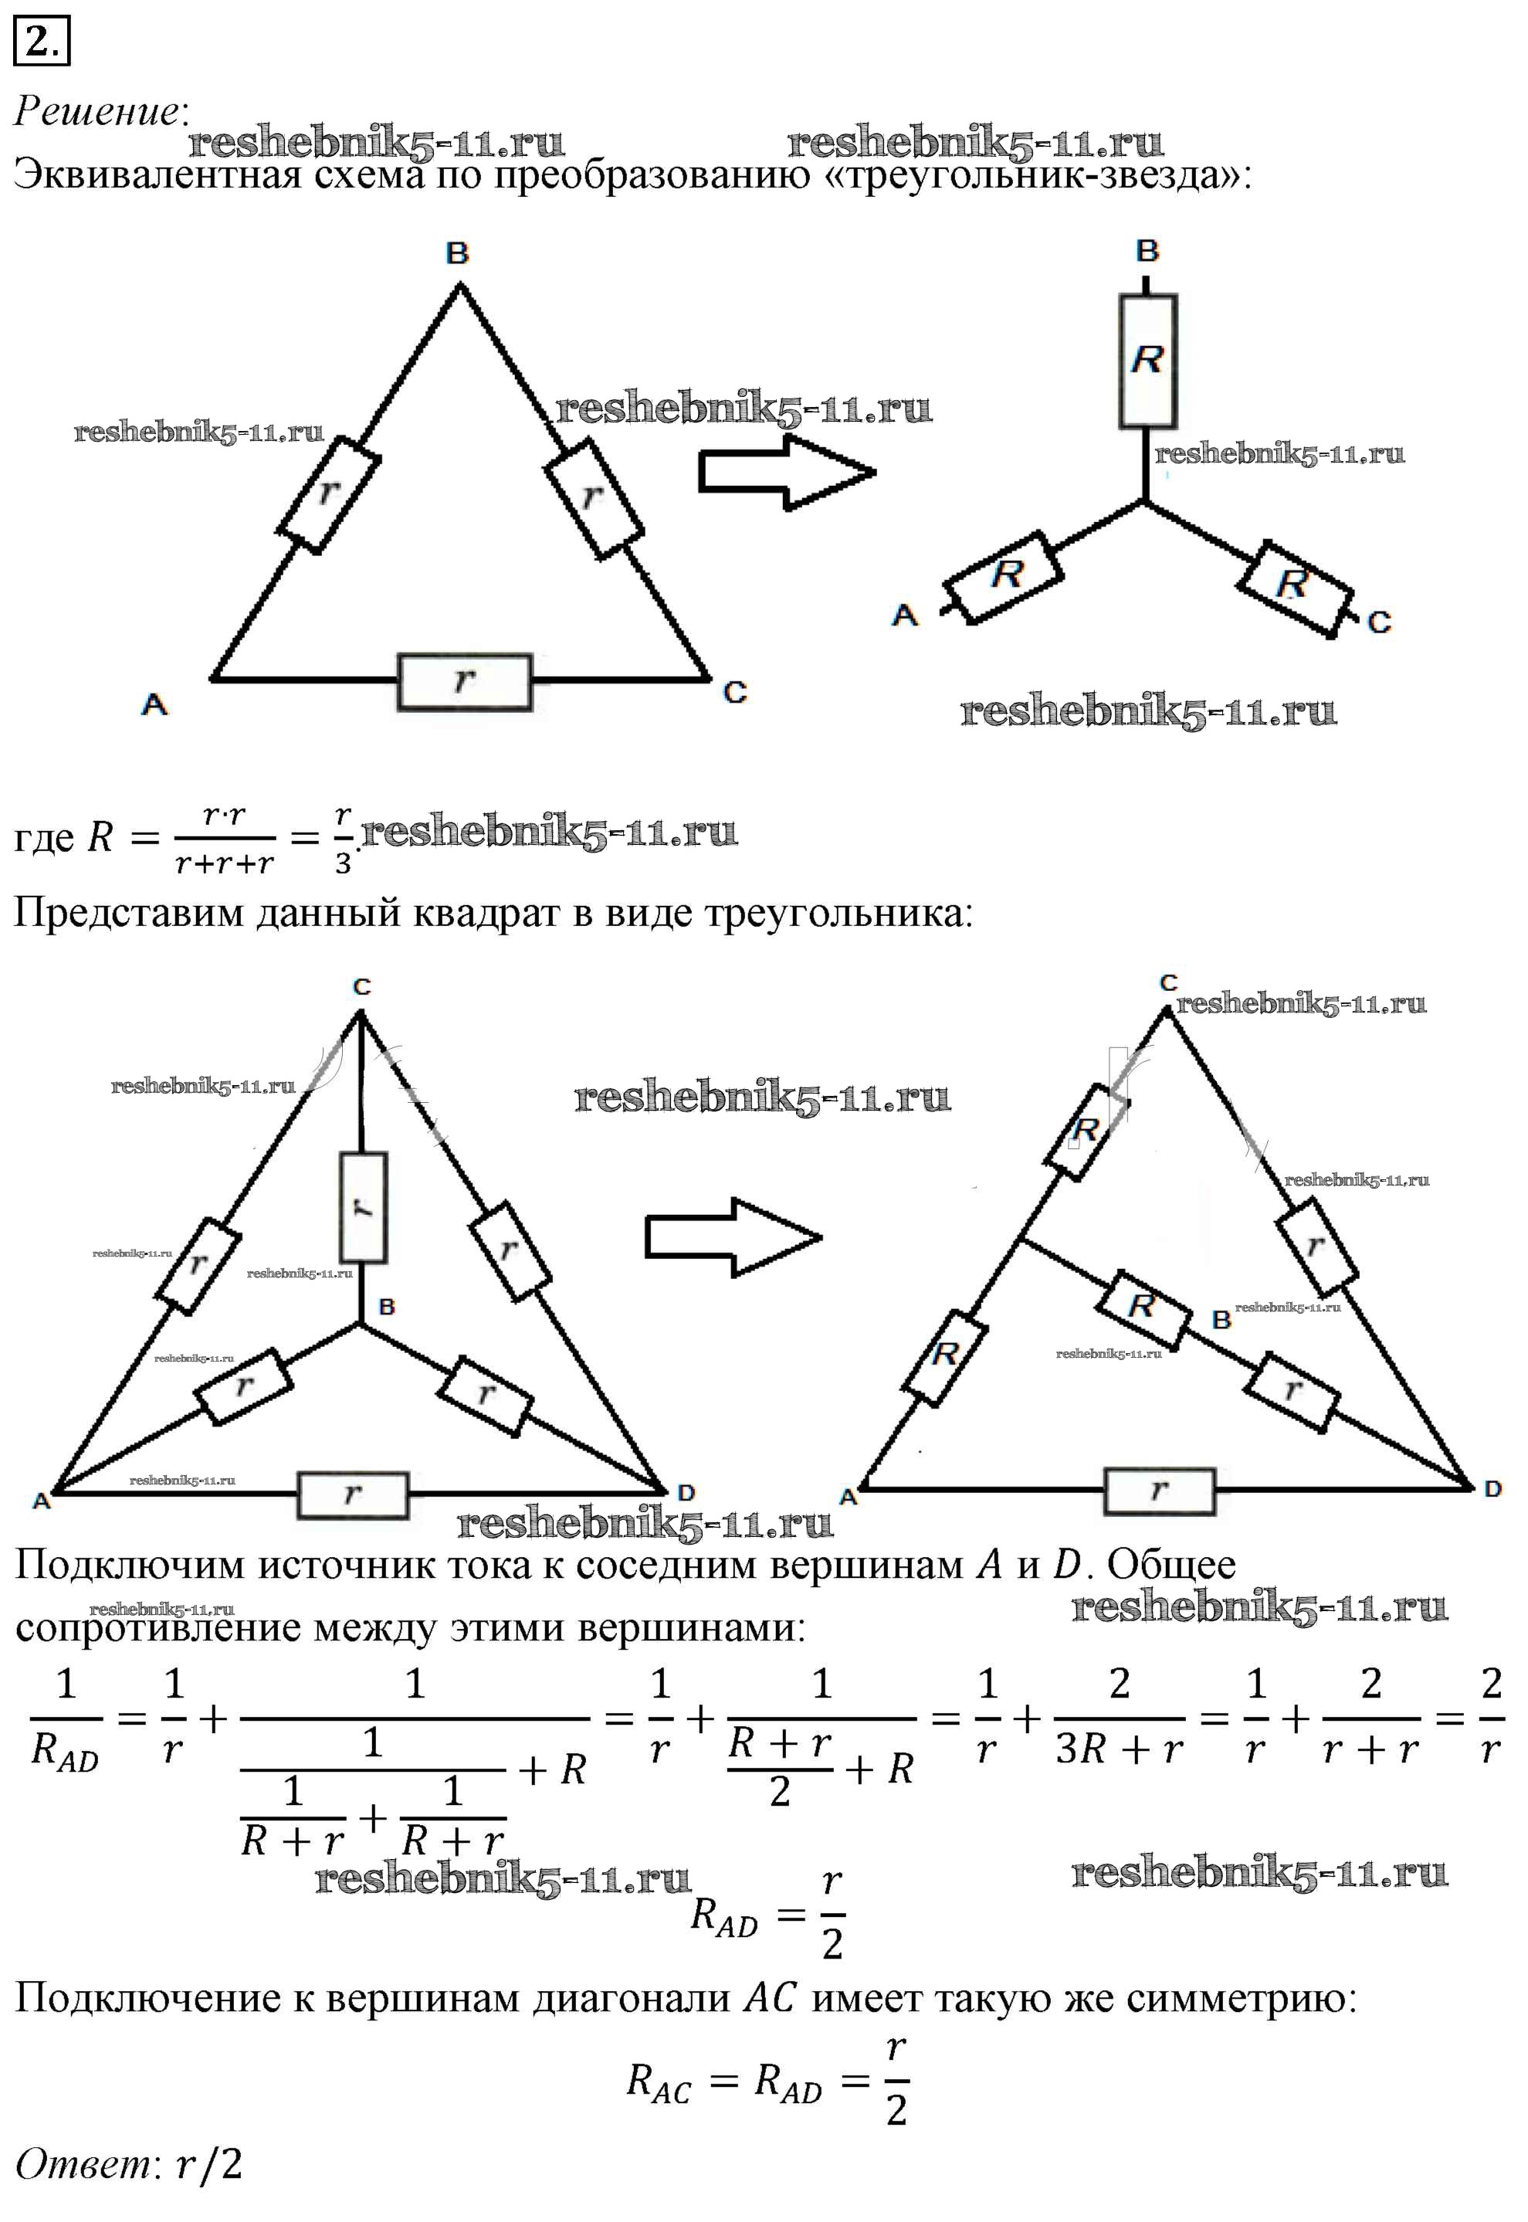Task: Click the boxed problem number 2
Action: point(41,41)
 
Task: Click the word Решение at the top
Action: point(97,111)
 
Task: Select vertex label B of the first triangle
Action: point(458,254)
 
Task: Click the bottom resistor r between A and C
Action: point(464,682)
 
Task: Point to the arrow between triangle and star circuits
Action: point(786,472)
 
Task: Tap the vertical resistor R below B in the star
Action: point(1148,361)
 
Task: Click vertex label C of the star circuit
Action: point(1379,622)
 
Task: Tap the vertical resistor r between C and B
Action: point(363,1207)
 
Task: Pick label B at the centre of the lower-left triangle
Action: point(387,1306)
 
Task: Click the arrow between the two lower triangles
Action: point(734,1237)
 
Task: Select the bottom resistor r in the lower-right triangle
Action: point(1160,1491)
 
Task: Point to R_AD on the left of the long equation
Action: point(65,1752)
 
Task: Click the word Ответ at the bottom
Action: point(83,2163)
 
